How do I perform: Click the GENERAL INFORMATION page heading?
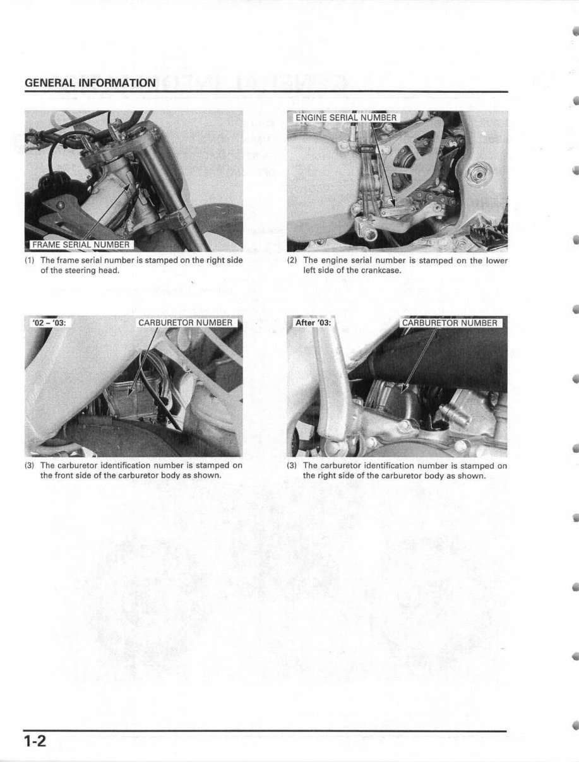(90, 83)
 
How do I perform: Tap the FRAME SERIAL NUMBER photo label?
(81, 245)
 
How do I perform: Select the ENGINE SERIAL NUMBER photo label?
(346, 117)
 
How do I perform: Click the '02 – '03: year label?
(49, 323)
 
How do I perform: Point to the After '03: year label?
(313, 323)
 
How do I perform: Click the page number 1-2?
(36, 741)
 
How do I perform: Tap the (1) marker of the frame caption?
(30, 260)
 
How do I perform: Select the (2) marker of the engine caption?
(292, 260)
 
